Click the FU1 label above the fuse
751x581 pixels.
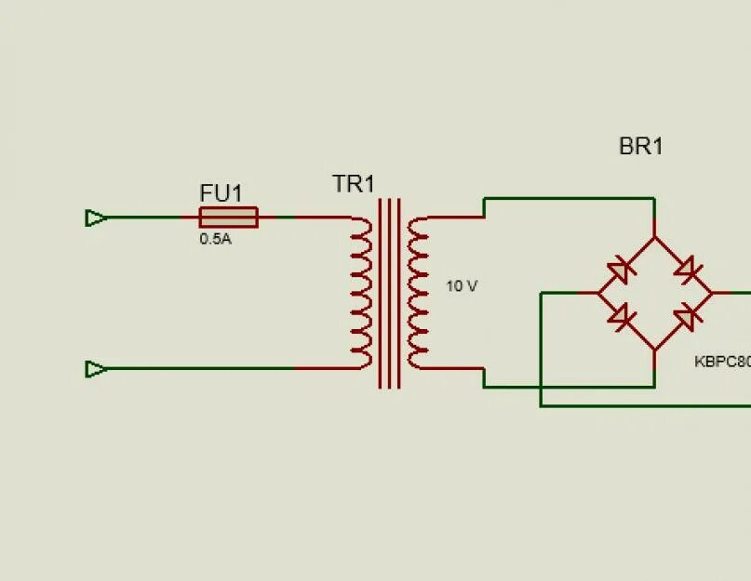tap(221, 193)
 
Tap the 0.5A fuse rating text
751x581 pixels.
tap(214, 239)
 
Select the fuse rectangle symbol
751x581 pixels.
tap(228, 218)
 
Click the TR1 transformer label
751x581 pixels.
tap(354, 184)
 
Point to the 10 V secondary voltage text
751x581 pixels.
tap(462, 286)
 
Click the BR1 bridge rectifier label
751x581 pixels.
tap(640, 147)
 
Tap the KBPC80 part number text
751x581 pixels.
tap(722, 362)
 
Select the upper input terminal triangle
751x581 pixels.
tap(95, 218)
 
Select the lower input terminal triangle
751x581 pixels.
tap(95, 369)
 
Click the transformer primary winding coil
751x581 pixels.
tap(361, 293)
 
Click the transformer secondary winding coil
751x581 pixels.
tap(419, 293)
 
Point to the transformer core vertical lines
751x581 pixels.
tap(390, 293)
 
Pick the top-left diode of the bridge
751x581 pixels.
tap(620, 272)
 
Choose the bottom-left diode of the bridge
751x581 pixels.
tap(621, 315)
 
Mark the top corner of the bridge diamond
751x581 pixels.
tap(654, 237)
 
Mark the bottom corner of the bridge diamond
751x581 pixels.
tap(654, 350)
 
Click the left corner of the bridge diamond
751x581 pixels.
tap(598, 293)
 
